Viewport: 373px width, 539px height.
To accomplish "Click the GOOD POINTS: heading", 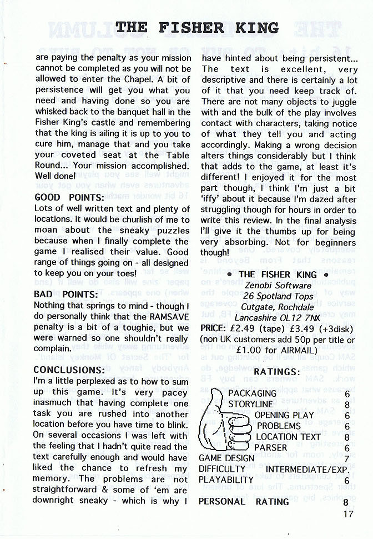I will click(x=69, y=197).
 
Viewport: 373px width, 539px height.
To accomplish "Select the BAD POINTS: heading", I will click(x=65, y=294).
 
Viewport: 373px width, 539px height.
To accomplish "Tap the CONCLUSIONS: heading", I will click(x=69, y=370).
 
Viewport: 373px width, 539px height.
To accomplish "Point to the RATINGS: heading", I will click(x=272, y=371).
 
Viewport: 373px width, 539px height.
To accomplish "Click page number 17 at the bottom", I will click(x=347, y=515).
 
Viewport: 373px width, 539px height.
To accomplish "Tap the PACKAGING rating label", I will click(x=252, y=393).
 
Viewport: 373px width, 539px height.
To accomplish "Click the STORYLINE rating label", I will click(x=250, y=405).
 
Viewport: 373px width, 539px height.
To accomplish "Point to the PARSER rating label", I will click(x=271, y=447).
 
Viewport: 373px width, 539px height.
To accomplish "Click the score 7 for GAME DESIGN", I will click(x=346, y=459).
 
